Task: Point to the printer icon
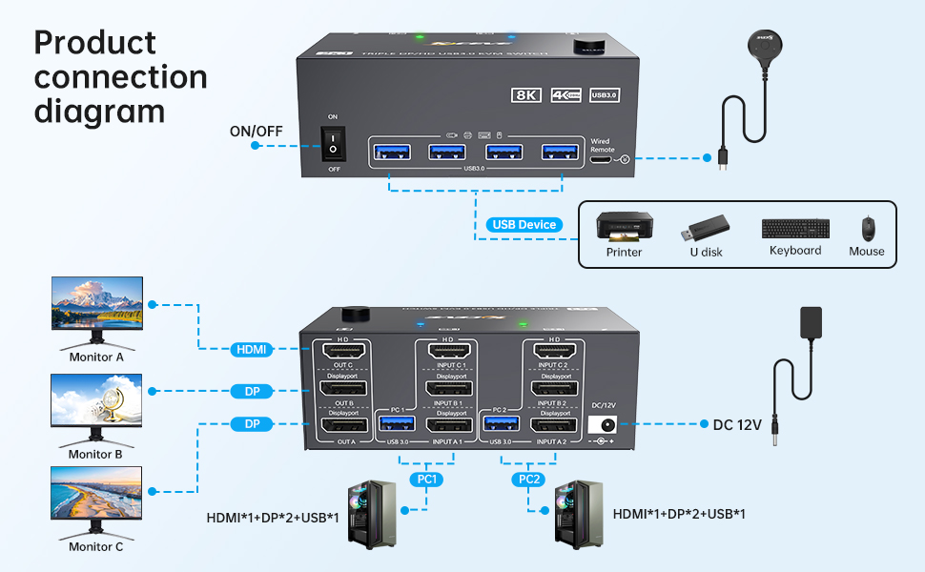624,228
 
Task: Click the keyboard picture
795,229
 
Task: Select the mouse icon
867,229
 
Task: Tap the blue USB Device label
524,225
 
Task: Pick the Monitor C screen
96,492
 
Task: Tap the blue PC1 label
427,479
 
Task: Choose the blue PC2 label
527,479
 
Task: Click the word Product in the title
94,43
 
